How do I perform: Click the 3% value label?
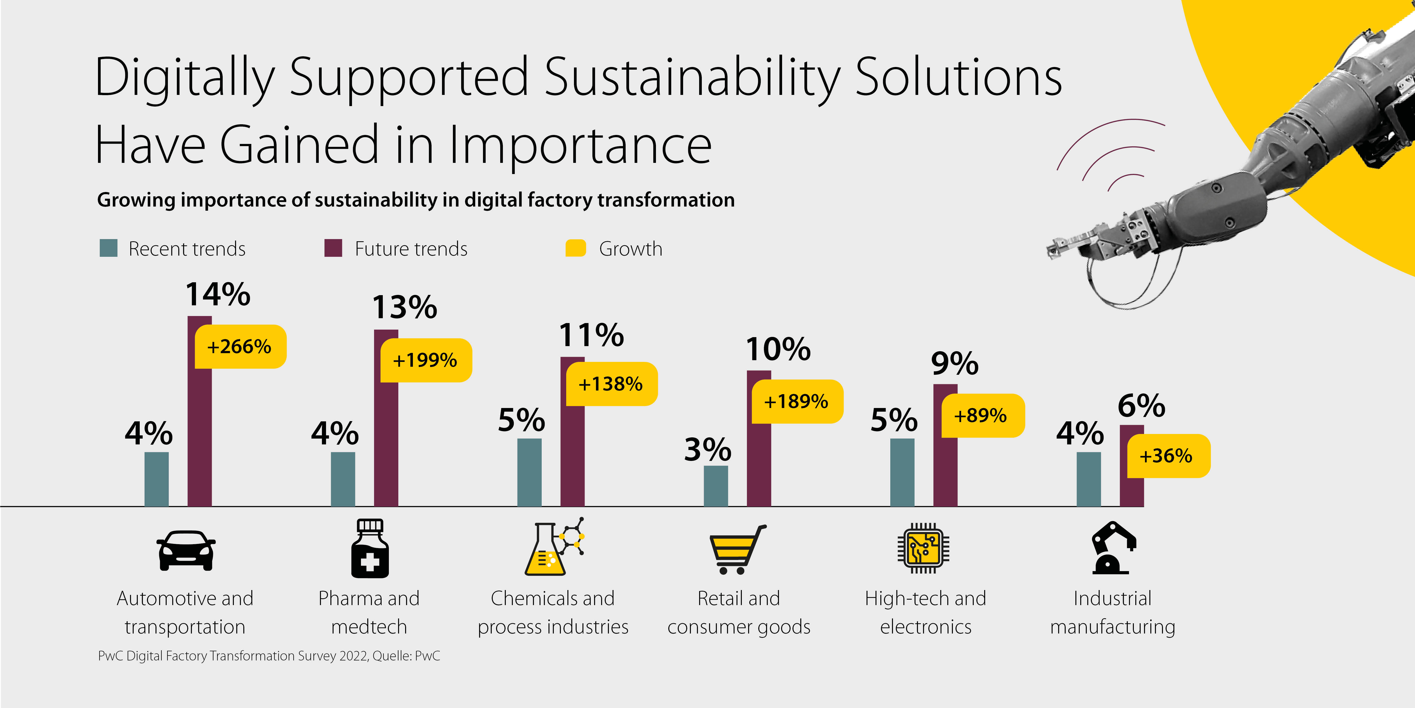707,450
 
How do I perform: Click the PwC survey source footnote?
269,656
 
